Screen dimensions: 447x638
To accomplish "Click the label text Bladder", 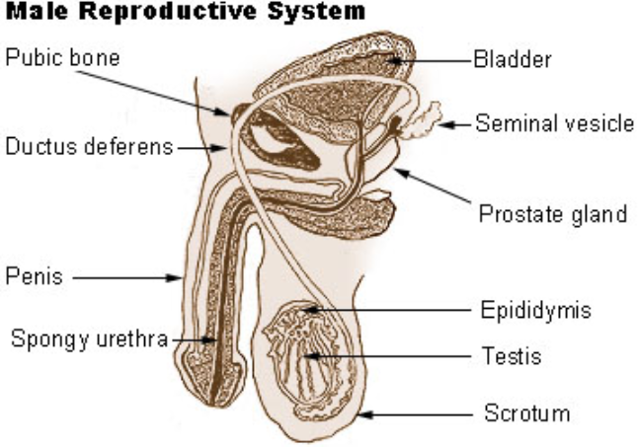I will [512, 59].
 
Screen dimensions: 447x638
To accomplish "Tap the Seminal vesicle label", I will [554, 124].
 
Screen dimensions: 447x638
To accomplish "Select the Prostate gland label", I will [552, 213].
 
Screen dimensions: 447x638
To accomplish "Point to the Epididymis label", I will [536, 310].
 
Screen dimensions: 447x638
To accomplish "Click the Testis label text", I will [511, 354].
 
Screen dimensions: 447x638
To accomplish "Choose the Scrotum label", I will [526, 412].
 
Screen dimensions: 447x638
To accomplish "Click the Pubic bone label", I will [62, 57].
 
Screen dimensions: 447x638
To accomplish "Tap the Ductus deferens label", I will [89, 148].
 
